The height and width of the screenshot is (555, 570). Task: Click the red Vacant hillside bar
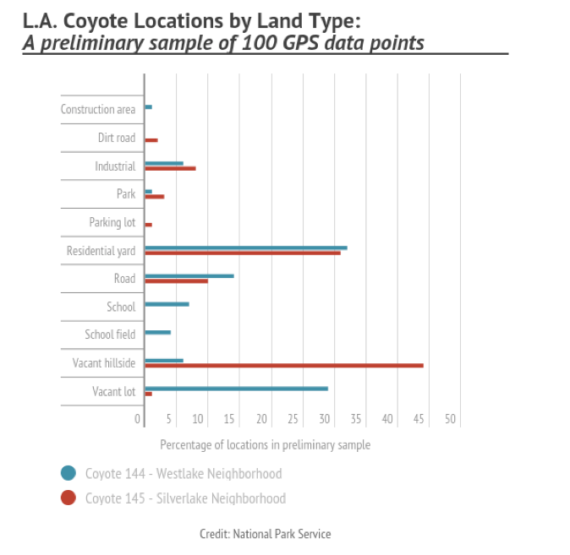point(284,366)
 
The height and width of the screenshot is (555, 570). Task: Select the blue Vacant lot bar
point(237,389)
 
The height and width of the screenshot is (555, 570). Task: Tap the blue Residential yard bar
point(246,248)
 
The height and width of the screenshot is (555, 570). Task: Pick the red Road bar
point(176,280)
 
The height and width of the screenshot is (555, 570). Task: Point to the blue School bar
point(167,304)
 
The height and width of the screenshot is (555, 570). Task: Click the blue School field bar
point(157,332)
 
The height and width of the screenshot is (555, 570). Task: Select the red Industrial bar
point(170,168)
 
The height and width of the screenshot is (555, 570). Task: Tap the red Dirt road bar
point(151,140)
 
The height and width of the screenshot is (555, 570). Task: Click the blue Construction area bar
point(148,107)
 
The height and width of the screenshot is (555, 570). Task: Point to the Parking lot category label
point(112,222)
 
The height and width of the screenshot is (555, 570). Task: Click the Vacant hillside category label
point(103,363)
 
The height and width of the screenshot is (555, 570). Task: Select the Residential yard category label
point(101,251)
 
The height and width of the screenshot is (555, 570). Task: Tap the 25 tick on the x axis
point(293,418)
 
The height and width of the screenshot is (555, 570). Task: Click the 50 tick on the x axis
point(450,418)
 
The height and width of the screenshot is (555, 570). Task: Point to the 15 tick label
point(231,418)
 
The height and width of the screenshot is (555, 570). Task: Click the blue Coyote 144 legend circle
point(69,473)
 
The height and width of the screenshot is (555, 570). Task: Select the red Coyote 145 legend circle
point(69,498)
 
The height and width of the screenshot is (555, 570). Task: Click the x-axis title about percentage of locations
point(265,444)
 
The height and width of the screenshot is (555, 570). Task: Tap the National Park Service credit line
point(265,534)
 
